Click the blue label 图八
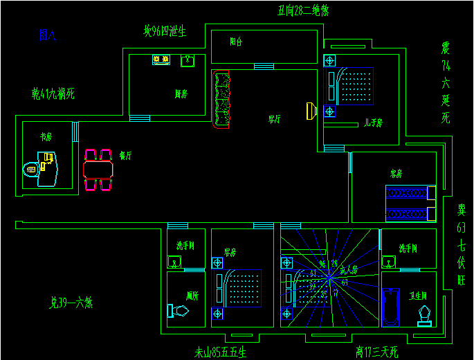[x=48, y=35]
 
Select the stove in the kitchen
[x=161, y=60]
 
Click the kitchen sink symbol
[x=188, y=61]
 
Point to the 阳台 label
[x=236, y=42]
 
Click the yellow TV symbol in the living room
[x=311, y=111]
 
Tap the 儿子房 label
[x=374, y=123]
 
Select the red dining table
[x=98, y=170]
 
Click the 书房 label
[x=46, y=137]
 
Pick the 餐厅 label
[x=125, y=156]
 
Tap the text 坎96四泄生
[x=165, y=31]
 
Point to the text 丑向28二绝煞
[x=303, y=10]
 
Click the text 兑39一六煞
[x=71, y=303]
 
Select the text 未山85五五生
[x=220, y=352]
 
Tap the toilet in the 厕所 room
[x=178, y=312]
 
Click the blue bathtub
[x=391, y=306]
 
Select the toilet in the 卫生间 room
[x=424, y=315]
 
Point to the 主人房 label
[x=348, y=269]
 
